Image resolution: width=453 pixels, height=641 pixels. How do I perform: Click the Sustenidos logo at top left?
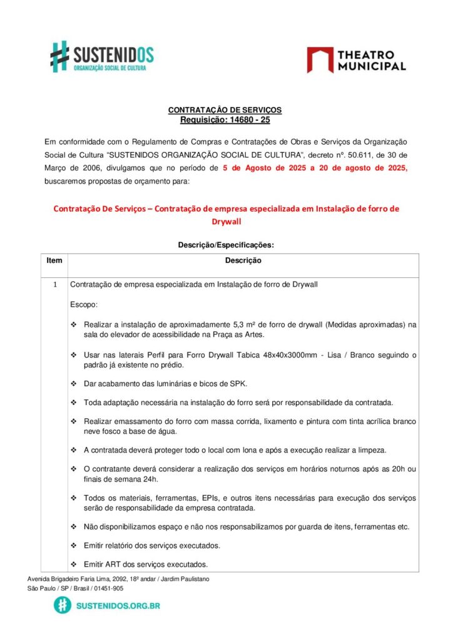tap(101, 56)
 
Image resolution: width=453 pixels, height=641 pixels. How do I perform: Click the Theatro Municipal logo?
tap(356, 59)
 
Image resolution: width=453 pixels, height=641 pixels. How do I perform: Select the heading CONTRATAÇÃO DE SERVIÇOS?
tap(225, 110)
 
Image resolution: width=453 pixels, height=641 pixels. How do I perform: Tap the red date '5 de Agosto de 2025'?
tap(265, 168)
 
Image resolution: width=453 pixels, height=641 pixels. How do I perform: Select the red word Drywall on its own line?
tap(226, 221)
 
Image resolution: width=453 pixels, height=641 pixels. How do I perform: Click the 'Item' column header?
tap(54, 260)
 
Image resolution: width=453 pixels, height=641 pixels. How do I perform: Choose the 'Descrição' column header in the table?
tap(243, 260)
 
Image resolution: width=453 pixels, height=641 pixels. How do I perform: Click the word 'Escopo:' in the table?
tap(84, 304)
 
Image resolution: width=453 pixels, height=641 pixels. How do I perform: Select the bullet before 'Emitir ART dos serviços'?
tap(74, 564)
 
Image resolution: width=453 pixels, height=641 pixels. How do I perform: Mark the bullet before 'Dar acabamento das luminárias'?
tap(74, 384)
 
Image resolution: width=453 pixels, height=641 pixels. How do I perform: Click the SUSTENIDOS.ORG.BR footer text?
tap(118, 606)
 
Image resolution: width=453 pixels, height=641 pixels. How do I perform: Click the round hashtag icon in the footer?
tap(62, 605)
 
